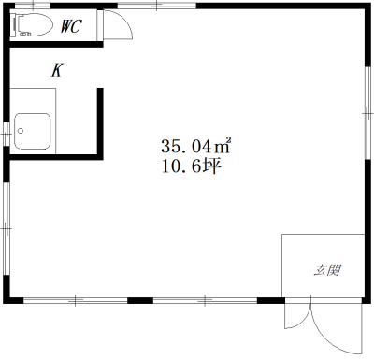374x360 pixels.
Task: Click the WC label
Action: coord(71,26)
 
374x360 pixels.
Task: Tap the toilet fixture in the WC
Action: coord(33,24)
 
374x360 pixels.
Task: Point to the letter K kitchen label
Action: coord(57,70)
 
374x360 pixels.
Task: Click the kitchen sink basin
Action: coord(33,131)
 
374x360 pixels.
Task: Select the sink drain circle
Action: coord(21,131)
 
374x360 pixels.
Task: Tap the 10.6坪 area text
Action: coord(191,166)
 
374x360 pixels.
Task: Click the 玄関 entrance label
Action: coord(327,270)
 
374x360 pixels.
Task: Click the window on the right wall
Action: coord(368,114)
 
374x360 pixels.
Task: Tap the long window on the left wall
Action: coord(7,228)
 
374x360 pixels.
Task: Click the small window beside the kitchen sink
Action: coord(6,134)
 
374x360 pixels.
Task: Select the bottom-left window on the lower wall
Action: coord(76,300)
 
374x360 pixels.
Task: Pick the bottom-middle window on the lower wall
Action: coord(205,300)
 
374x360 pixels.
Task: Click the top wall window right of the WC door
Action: coord(157,6)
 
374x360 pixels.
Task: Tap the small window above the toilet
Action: coord(33,6)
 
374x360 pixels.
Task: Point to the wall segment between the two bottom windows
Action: coord(140,300)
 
